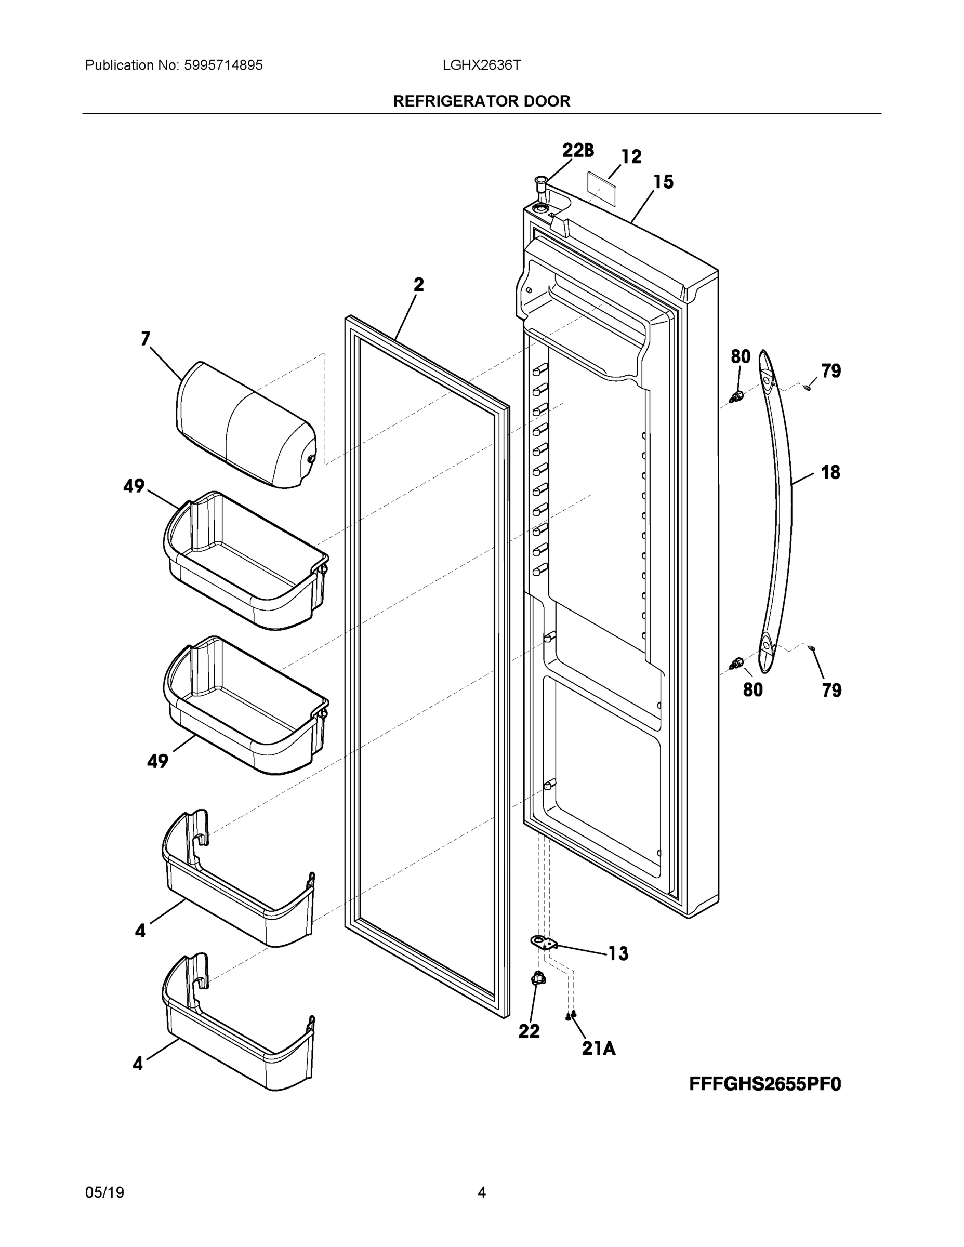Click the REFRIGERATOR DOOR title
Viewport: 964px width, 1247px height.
pos(481,101)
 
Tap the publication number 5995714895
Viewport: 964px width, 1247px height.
pos(223,65)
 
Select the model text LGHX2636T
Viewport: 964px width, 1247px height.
pos(481,65)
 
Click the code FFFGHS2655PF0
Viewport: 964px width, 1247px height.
pos(764,1084)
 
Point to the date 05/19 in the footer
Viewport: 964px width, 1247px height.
pos(104,1192)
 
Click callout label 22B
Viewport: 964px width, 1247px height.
pos(577,151)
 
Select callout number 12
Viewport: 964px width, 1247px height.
pos(631,156)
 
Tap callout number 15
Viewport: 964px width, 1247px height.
pos(663,182)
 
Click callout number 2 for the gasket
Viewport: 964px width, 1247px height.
pos(419,284)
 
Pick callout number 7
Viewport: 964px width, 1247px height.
pos(145,339)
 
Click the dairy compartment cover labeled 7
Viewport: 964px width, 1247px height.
pos(246,426)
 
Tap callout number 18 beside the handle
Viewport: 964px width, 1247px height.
pos(830,472)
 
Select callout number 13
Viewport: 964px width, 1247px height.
pos(618,954)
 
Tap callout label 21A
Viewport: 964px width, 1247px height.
pos(599,1049)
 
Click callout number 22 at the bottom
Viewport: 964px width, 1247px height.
pos(529,1032)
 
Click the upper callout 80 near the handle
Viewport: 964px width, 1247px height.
pos(741,357)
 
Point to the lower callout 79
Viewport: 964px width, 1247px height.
pos(831,691)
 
